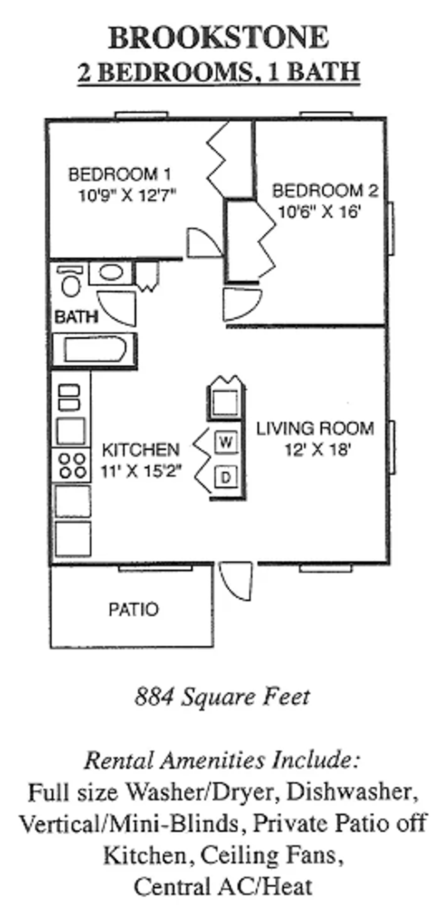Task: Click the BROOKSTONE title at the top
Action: point(219,38)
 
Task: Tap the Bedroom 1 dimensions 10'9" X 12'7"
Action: point(127,195)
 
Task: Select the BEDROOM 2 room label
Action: point(325,191)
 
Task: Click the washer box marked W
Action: point(226,443)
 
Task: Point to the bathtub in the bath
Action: point(95,350)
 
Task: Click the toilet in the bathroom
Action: point(70,281)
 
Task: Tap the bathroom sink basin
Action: point(111,273)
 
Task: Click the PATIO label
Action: point(133,609)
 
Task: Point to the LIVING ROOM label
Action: point(315,428)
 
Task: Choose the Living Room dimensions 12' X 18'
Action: point(318,449)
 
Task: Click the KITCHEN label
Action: point(141,450)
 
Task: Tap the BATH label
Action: point(77,317)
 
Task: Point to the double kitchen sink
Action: point(69,398)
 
